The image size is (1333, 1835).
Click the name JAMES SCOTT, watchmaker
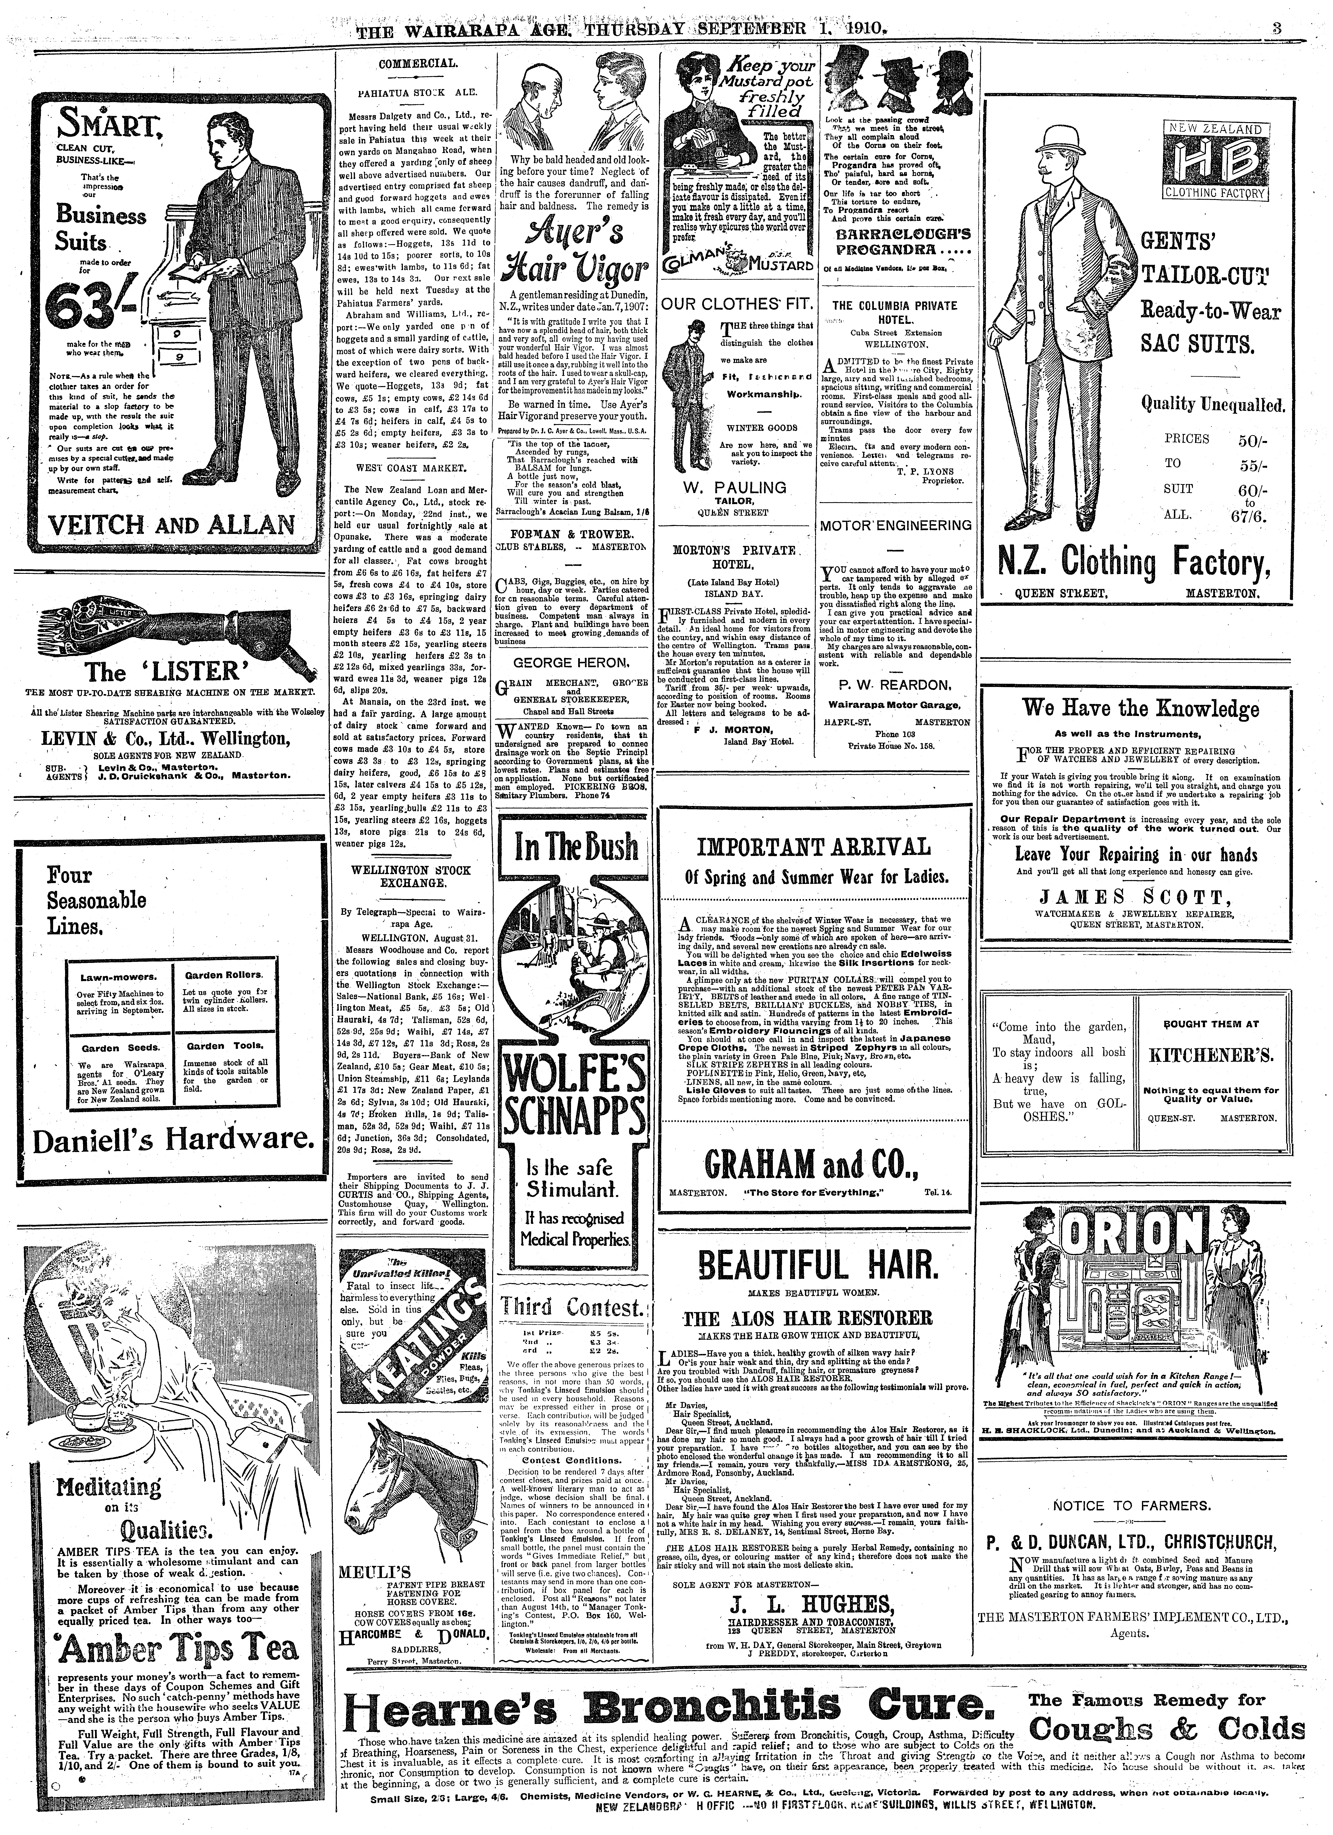click(1141, 896)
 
